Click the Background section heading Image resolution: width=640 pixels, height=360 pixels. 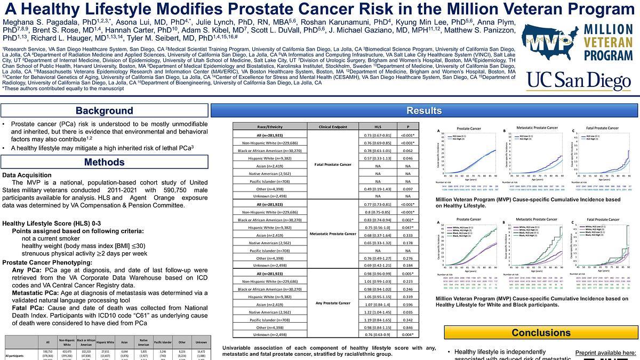click(104, 111)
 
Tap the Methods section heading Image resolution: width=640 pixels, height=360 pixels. click(104, 162)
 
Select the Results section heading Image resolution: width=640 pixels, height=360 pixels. click(424, 111)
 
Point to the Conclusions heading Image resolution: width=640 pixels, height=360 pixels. click(541, 333)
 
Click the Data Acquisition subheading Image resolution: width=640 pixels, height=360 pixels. click(27, 175)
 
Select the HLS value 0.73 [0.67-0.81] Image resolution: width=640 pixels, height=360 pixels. click(378, 135)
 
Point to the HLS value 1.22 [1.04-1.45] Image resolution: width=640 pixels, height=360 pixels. click(378, 311)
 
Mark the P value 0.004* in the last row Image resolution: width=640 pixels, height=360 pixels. click(408, 334)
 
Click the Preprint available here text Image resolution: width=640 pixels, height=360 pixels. click(605, 353)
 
